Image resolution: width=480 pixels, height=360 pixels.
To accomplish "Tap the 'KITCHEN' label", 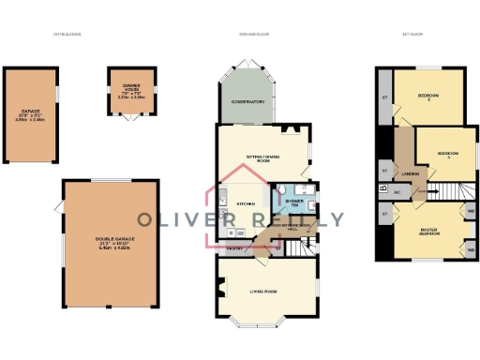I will coord(246,203).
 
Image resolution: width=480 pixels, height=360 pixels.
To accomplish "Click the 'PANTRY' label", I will coord(236,247).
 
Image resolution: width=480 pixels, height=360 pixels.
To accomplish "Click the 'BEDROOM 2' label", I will coord(430,97).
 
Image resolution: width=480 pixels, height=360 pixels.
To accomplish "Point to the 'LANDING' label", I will coord(410,173).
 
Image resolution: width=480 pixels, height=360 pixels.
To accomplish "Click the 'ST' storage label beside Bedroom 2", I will coord(384,97).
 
